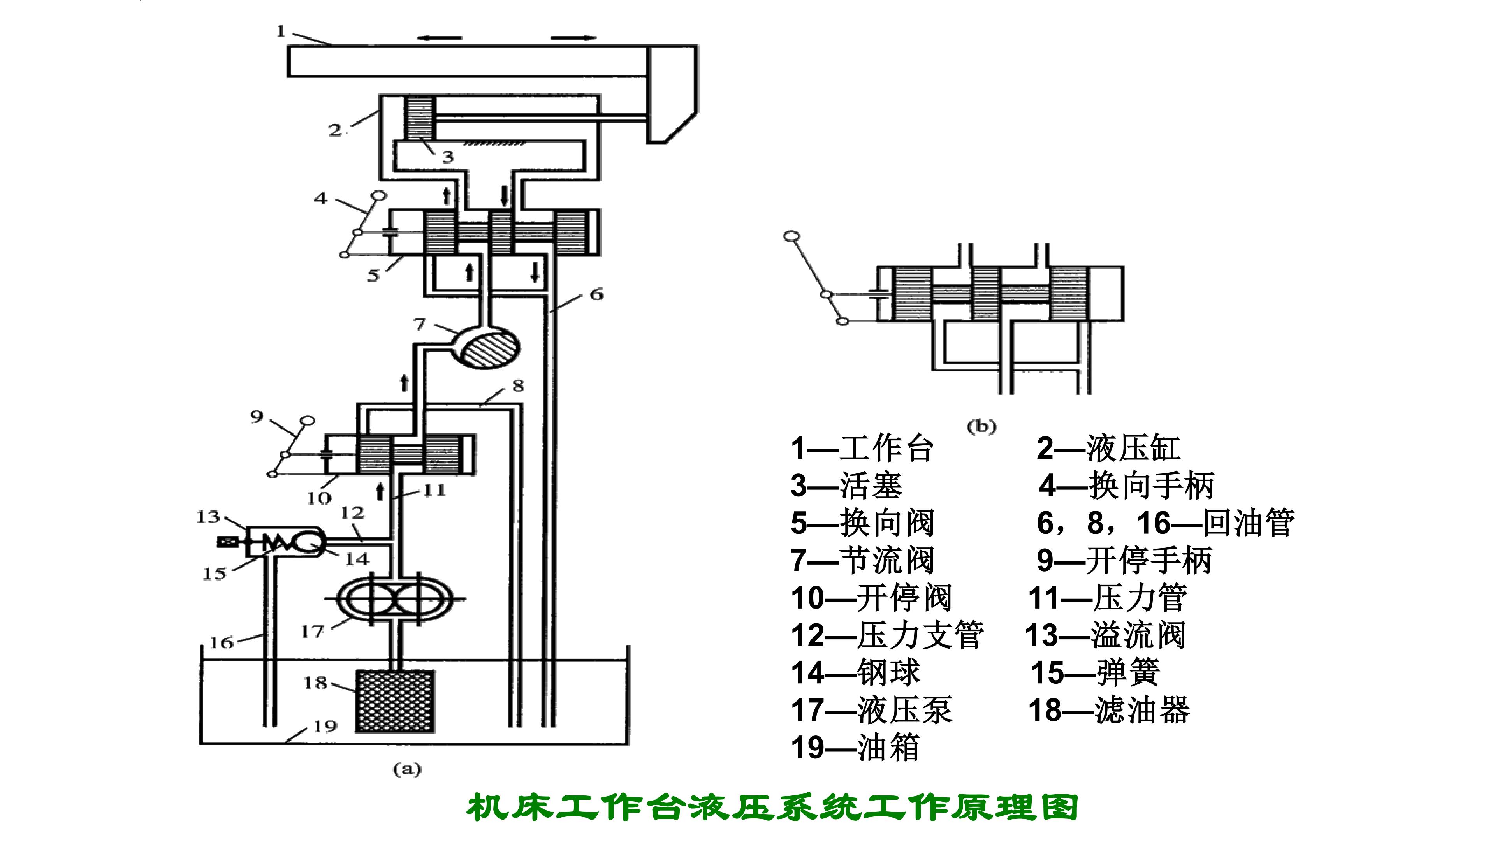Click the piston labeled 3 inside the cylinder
click(419, 118)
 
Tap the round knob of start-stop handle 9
click(307, 420)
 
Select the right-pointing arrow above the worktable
click(574, 38)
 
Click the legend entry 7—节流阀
click(862, 560)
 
